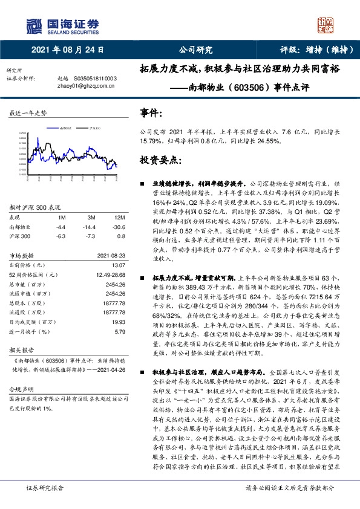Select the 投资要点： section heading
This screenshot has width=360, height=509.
(x=160, y=160)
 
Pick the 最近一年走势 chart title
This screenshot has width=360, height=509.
(x=28, y=113)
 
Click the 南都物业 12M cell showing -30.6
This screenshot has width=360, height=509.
(x=119, y=226)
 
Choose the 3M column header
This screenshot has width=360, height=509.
(x=91, y=217)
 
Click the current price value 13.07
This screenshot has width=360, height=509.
(x=119, y=264)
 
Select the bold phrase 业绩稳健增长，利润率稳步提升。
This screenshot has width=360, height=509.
(x=199, y=182)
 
